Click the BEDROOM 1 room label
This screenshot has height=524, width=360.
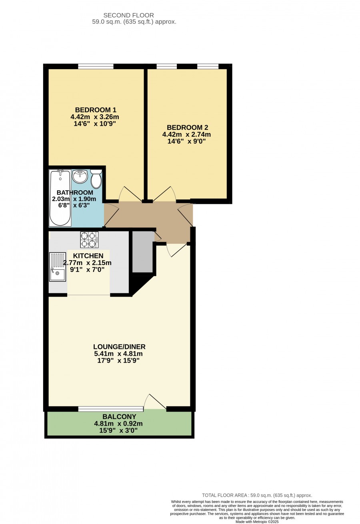(x=96, y=110)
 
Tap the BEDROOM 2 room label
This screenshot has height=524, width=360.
(x=187, y=128)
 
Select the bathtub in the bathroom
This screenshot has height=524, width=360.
(x=60, y=198)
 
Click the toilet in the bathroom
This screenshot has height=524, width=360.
(x=96, y=179)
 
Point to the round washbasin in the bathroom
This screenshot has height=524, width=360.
(x=80, y=177)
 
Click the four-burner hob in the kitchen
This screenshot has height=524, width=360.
(x=89, y=239)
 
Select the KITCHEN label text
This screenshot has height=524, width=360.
(x=88, y=256)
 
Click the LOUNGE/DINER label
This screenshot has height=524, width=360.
(x=119, y=347)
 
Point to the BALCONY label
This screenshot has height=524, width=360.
(x=119, y=416)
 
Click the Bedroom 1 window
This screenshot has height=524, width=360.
(x=96, y=66)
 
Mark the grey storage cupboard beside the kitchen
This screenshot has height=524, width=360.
(x=142, y=252)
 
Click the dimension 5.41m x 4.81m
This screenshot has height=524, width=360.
(x=118, y=354)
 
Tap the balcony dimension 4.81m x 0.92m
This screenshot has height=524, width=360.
(x=118, y=424)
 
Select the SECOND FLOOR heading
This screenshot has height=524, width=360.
(x=128, y=16)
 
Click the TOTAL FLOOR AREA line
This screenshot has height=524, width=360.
(x=257, y=495)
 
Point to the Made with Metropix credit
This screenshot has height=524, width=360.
(x=257, y=522)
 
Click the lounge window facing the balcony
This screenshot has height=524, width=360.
(x=110, y=409)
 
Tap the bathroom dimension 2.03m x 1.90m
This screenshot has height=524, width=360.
(x=74, y=199)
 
